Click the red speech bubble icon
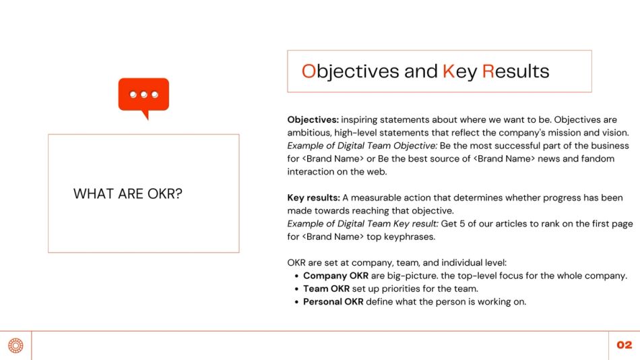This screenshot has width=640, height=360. (143, 96)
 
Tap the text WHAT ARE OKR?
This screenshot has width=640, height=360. (128, 194)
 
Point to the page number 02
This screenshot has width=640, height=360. (625, 345)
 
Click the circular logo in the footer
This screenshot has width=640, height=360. (15, 345)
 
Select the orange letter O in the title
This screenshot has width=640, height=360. (309, 71)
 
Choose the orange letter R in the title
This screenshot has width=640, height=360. (488, 71)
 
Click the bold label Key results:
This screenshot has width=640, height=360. (313, 198)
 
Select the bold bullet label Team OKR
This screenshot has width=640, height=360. (326, 289)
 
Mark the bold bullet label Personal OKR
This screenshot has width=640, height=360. (333, 301)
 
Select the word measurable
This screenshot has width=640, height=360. (377, 198)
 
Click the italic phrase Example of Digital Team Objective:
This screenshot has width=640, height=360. (362, 146)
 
